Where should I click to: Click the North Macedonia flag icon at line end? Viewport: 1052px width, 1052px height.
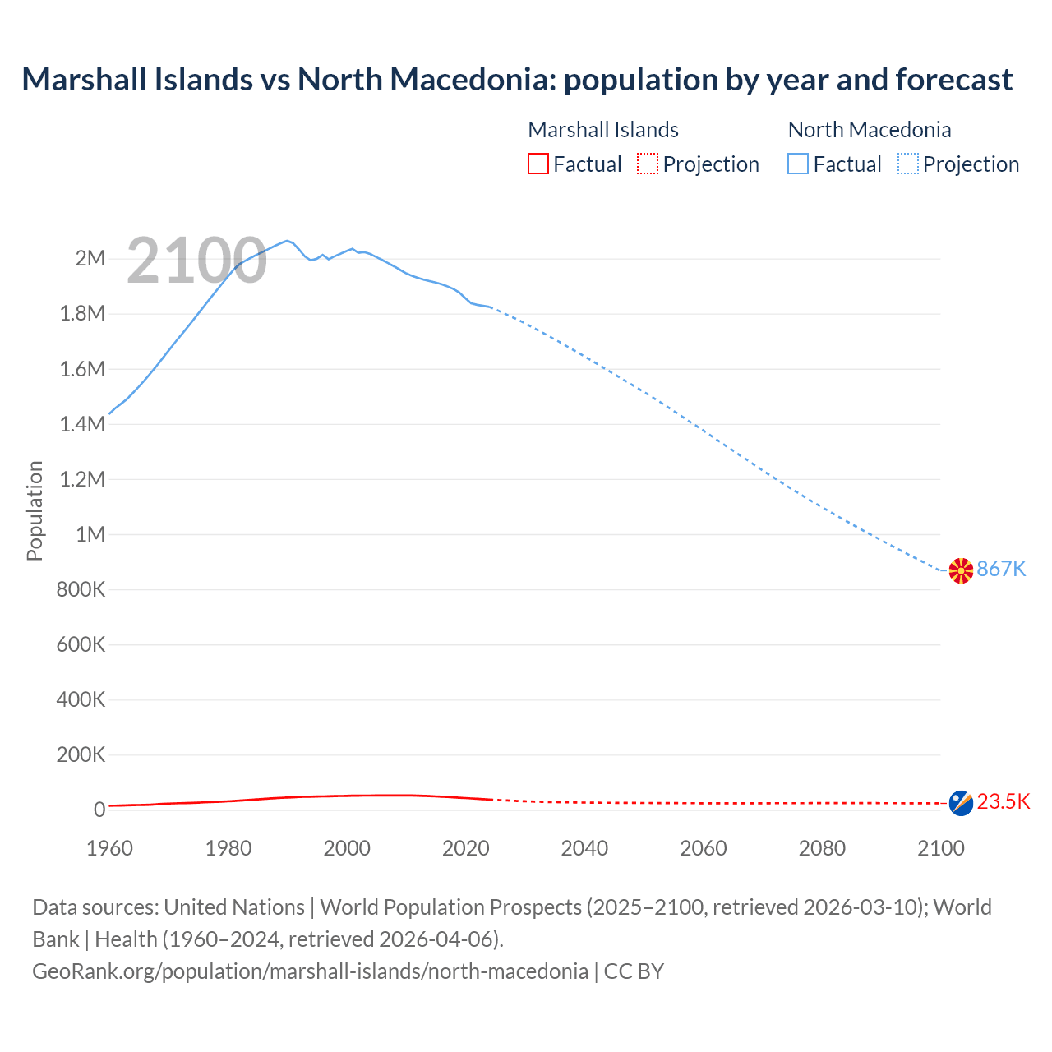961,570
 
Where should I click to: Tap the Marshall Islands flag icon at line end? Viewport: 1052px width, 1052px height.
961,803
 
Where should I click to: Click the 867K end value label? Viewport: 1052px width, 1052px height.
1001,569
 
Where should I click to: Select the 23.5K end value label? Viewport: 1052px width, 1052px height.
1004,802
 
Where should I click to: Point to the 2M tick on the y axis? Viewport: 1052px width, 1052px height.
90,259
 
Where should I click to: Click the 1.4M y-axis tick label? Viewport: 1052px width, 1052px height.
82,424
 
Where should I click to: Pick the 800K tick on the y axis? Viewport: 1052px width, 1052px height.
81,590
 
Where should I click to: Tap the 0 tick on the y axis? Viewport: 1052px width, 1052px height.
99,810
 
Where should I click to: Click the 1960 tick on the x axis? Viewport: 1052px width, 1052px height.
109,849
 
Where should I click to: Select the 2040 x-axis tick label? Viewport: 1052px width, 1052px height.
584,849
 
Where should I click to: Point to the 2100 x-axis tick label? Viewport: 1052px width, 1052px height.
941,849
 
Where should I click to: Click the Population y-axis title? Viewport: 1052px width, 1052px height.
35,510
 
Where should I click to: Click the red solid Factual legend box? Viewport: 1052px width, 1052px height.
538,164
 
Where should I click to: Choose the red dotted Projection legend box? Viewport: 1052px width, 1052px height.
648,164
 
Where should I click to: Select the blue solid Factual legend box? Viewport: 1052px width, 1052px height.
798,164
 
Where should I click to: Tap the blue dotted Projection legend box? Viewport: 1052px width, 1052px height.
907,164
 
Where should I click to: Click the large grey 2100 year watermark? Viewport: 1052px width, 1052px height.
196,261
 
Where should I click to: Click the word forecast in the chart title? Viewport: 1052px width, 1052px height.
953,80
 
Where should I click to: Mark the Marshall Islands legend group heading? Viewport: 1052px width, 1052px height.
603,130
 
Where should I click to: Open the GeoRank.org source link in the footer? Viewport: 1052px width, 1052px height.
310,971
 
